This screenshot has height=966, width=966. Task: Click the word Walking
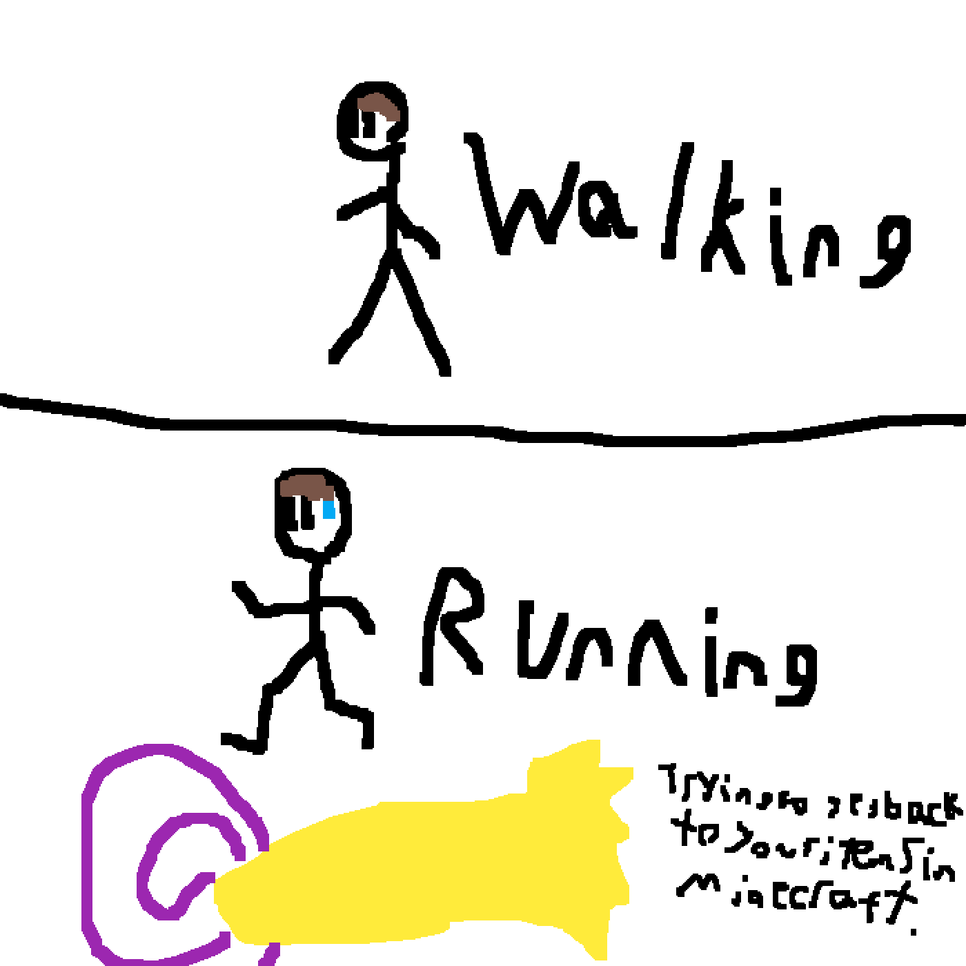click(690, 214)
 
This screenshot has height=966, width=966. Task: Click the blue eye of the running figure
click(328, 511)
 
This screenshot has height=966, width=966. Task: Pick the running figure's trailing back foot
click(235, 742)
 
